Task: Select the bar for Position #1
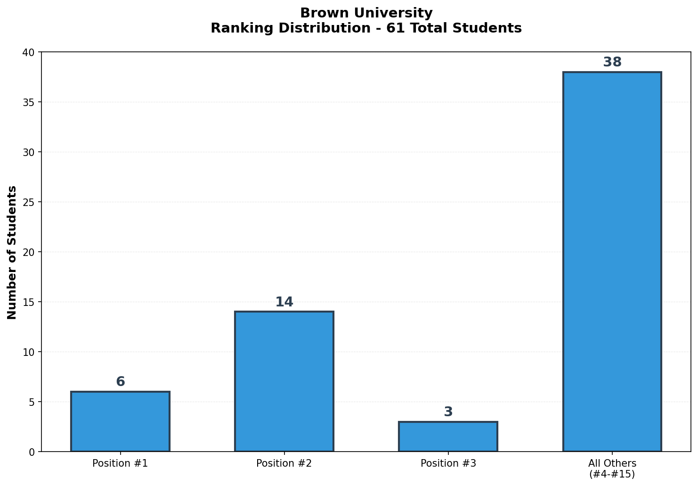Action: tap(120, 421)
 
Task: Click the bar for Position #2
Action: tap(284, 381)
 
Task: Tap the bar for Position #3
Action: tap(448, 437)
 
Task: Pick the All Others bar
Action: tap(612, 262)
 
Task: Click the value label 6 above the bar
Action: tap(120, 382)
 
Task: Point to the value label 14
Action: tap(284, 302)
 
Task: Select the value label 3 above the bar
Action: tap(448, 412)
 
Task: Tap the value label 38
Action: tap(612, 62)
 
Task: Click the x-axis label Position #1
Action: tap(120, 463)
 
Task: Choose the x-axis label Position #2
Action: tap(284, 463)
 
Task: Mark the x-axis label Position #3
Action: tap(448, 463)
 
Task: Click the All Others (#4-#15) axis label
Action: tap(612, 469)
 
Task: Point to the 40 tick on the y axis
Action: tap(29, 52)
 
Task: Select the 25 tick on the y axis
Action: tap(29, 202)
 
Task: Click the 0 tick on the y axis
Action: tap(32, 452)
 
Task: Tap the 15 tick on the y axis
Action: tap(29, 302)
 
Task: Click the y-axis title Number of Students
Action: tap(12, 252)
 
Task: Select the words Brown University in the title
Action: tap(366, 13)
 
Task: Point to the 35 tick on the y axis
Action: tap(29, 102)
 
